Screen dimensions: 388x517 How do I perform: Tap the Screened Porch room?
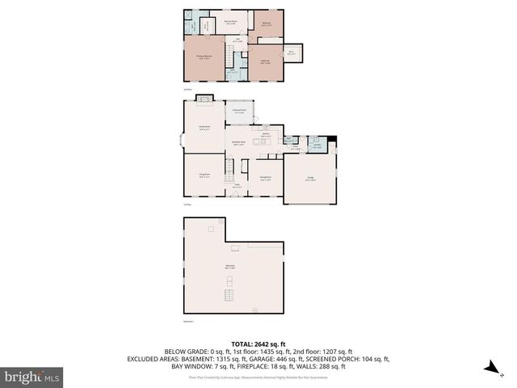[x=239, y=112]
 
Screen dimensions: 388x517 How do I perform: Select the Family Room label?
[x=204, y=127]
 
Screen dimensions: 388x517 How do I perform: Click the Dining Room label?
[x=265, y=178]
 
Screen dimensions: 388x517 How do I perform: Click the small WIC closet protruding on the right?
[x=292, y=53]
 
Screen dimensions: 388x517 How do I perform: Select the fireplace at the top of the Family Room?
[x=204, y=99]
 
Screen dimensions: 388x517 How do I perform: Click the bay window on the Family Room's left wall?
[x=180, y=137]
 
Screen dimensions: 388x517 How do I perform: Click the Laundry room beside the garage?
[x=318, y=147]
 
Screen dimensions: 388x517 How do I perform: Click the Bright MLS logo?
[x=32, y=377]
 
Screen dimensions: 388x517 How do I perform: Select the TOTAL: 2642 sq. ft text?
[x=258, y=342]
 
